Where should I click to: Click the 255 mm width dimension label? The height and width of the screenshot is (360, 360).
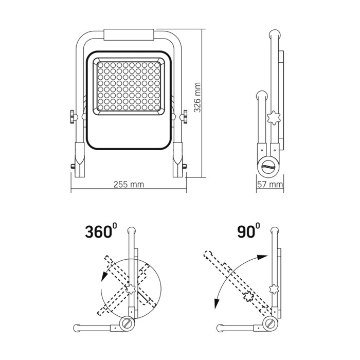129,184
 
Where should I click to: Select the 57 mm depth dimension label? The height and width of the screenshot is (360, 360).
270,184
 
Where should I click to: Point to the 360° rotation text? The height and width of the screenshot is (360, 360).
101,231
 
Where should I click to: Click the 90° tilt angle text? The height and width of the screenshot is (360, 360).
248,230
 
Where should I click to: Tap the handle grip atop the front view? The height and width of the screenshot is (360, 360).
129,34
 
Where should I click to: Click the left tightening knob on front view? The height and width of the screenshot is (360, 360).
73,117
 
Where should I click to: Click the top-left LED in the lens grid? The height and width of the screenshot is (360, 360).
100,65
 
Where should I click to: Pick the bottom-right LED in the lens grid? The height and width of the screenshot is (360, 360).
157,107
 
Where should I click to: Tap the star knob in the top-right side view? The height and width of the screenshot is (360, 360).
274,118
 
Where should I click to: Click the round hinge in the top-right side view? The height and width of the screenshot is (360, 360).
268,167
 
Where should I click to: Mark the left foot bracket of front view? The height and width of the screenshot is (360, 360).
80,160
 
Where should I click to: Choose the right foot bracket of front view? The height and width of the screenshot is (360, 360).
177,160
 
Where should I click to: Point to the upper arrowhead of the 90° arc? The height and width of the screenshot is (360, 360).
263,257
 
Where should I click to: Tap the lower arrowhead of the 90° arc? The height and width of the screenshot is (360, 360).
216,304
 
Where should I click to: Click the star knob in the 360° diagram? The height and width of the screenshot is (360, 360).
131,289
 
